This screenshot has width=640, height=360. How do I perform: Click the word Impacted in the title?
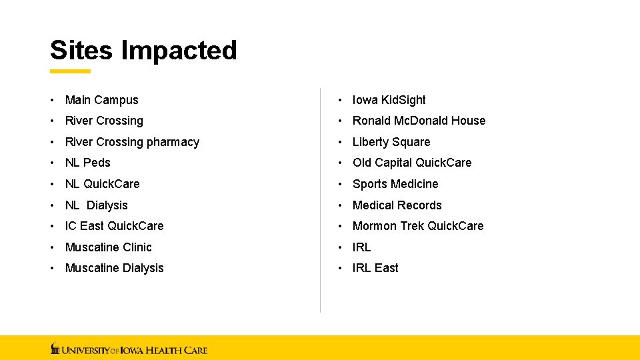[179, 51]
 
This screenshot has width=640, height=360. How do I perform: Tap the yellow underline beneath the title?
[70, 71]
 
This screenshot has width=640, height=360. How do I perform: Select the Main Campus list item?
[101, 100]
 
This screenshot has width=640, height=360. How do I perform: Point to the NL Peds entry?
[87, 163]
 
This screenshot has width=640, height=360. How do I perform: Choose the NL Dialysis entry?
[96, 205]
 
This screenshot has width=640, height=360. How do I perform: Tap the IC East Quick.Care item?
[114, 226]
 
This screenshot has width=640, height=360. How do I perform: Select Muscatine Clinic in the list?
[108, 247]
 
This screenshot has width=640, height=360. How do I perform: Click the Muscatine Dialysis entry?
[114, 268]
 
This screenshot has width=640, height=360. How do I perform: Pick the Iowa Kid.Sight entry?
[389, 100]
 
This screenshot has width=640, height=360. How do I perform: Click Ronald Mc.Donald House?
[419, 121]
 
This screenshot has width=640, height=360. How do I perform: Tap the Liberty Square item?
[391, 142]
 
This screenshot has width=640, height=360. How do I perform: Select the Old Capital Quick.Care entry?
[411, 163]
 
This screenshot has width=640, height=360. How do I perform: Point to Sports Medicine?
[395, 184]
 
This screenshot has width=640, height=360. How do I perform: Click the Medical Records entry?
[397, 205]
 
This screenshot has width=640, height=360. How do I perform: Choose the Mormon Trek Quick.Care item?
[417, 226]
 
